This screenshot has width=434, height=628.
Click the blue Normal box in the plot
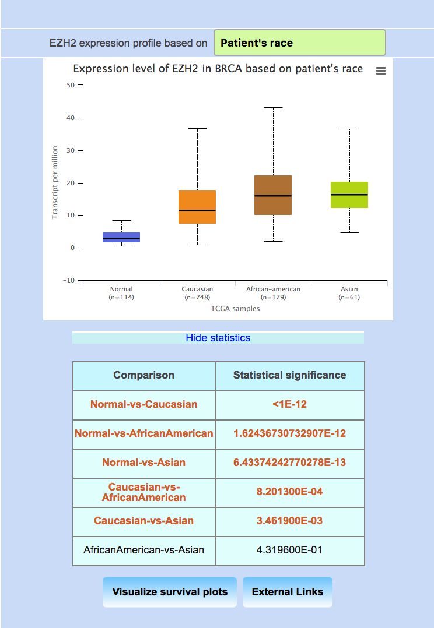[121, 237]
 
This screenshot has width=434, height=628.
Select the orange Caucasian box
[197, 207]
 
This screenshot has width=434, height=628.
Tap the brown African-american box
[273, 195]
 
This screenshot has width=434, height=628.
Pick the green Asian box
[349, 195]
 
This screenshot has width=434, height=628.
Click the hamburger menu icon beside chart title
[381, 70]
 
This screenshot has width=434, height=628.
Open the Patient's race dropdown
[299, 43]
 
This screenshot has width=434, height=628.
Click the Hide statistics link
[218, 338]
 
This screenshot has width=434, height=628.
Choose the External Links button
[287, 592]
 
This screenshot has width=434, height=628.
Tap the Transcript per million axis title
[55, 182]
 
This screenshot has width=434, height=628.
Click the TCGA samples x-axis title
[235, 309]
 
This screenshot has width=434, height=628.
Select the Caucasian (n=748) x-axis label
[197, 293]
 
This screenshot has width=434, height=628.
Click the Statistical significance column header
[289, 375]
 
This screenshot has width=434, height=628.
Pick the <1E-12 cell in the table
[289, 404]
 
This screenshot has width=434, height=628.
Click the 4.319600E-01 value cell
[289, 550]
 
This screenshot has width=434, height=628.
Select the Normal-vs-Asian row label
[143, 463]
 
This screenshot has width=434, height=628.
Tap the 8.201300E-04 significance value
[289, 492]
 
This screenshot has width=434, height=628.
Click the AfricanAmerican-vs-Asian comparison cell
[143, 550]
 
